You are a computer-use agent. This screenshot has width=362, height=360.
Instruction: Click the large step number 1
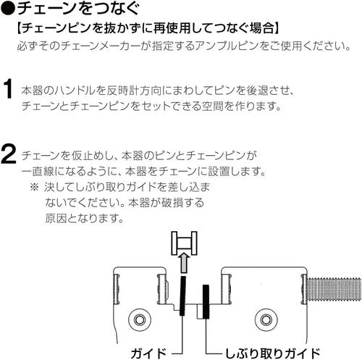pos(8,89)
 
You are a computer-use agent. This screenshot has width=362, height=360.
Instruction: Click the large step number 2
pos(9,154)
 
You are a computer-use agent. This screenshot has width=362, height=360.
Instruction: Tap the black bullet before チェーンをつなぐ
pos(8,9)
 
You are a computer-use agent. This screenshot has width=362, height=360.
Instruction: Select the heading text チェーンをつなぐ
pos(78,8)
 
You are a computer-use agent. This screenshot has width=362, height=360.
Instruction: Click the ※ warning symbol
pos(34,187)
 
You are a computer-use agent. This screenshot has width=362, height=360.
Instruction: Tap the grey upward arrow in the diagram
pos(185,262)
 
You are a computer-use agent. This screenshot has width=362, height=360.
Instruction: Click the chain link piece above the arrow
pos(184,243)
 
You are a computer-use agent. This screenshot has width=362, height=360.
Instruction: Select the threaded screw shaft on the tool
pos(334,288)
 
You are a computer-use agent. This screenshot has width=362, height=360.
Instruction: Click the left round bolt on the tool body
pos(140,320)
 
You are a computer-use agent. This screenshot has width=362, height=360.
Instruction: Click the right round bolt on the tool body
pos(266,320)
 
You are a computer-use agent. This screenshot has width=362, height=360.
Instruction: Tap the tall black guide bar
pos(183,296)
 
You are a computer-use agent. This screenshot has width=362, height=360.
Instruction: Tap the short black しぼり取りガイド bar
pos(206,301)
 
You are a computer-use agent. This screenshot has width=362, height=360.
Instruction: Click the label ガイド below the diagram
pos(148,353)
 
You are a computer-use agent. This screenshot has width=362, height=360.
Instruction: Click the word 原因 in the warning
pos(55,218)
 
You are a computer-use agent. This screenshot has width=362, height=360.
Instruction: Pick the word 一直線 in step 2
pos(38,172)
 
